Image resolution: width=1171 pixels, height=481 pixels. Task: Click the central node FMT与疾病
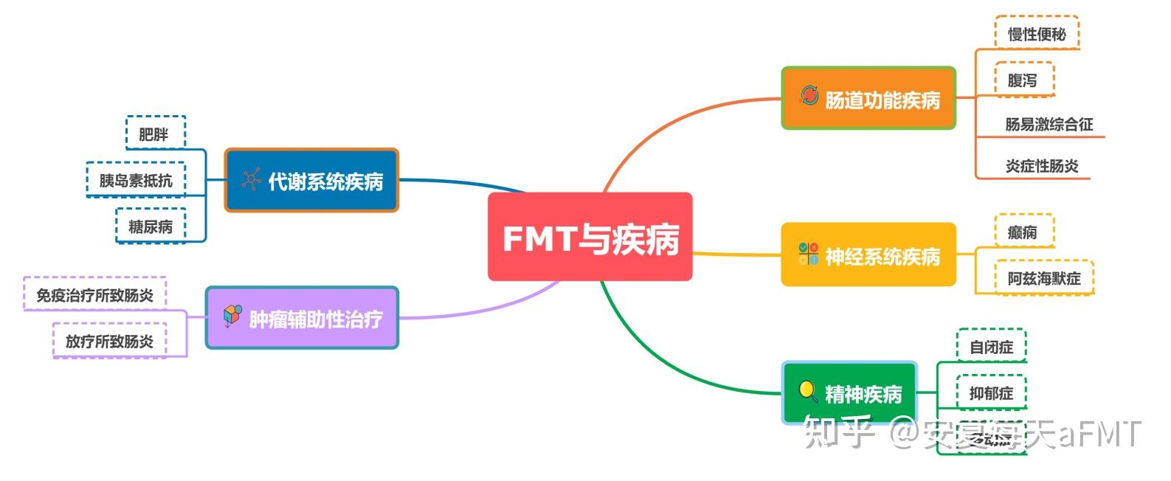(x=590, y=237)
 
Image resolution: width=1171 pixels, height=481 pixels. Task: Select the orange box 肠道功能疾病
(x=868, y=98)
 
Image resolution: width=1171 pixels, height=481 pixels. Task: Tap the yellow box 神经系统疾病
(x=868, y=255)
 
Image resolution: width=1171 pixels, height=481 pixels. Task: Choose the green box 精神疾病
(x=849, y=393)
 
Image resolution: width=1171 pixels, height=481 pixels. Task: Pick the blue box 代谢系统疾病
(x=311, y=180)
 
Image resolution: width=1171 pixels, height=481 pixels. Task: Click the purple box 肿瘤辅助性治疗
(x=302, y=317)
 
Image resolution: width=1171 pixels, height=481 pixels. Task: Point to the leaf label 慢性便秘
(x=1037, y=34)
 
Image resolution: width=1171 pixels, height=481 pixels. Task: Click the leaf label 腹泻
(x=1023, y=80)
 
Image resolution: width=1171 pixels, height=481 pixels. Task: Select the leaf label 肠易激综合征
(x=1049, y=124)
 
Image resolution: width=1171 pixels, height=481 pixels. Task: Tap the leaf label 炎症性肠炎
(x=1041, y=166)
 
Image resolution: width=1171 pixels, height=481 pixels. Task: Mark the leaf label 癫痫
(x=1023, y=232)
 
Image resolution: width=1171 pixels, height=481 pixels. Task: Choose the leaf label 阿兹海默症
(x=1044, y=278)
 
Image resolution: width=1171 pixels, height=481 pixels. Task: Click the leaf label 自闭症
(x=991, y=347)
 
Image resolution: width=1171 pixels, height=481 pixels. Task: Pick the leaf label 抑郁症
(x=991, y=393)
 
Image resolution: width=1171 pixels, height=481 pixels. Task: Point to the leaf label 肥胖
(x=154, y=134)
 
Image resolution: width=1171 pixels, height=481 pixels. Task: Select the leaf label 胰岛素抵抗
(x=136, y=180)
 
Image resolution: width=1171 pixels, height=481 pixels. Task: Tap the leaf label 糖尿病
(x=151, y=226)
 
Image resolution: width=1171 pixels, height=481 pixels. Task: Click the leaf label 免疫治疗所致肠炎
(x=95, y=295)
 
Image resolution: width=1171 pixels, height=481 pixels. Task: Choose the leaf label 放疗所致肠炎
(x=109, y=341)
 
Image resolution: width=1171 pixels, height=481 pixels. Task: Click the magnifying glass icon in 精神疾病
(x=808, y=391)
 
